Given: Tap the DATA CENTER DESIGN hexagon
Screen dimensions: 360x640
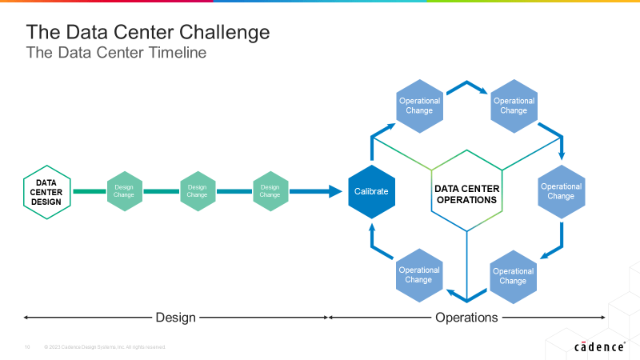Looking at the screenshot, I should pos(46,192).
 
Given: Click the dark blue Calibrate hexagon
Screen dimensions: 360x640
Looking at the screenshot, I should pos(371,192).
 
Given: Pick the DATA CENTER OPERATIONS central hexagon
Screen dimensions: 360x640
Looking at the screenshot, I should pos(466,194).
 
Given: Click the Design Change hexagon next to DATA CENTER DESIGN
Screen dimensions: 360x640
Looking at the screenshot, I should pos(124,191).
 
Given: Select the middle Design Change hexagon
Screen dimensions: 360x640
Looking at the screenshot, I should pos(197,191).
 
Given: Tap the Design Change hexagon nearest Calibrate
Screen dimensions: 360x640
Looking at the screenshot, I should pos(270,191).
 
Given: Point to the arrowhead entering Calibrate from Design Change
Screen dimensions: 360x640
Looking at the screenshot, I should pos(336,192).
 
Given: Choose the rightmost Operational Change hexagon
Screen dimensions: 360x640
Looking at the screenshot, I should pos(561,192).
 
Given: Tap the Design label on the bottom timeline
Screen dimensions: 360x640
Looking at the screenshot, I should pos(175,318).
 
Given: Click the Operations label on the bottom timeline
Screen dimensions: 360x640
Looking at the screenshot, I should pos(466,318).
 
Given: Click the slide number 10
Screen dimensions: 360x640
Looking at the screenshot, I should pos(26,347).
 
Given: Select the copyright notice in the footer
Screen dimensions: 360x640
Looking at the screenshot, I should pos(105,347).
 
